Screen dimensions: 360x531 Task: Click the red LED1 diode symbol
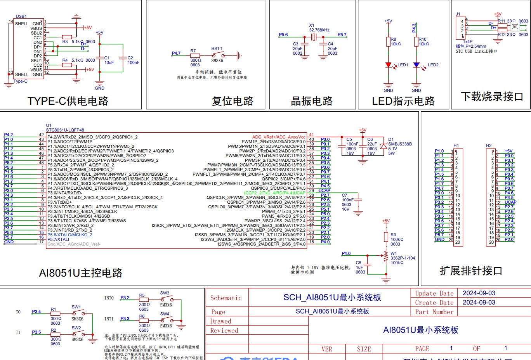coord(388,65)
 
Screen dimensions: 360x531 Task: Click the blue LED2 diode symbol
coord(416,65)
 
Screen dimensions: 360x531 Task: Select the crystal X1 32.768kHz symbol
coord(314,37)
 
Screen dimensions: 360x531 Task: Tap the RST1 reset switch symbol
coord(217,55)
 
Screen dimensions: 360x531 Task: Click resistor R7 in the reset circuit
coord(195,55)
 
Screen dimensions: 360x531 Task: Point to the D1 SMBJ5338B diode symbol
coord(383,146)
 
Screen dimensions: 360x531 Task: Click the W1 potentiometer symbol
coord(386,255)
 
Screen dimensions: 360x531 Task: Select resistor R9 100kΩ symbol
coord(386,237)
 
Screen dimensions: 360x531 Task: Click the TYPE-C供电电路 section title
coord(68,101)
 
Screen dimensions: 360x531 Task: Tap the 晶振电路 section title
coord(312,101)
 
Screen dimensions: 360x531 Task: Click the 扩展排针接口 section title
coord(471,270)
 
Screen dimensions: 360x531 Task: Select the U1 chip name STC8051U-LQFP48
coord(65,130)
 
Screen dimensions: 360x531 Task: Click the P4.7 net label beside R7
coord(176,53)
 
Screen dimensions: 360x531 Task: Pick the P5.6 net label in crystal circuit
coord(283,35)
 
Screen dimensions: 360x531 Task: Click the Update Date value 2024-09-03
coord(479,293)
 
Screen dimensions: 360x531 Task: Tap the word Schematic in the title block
coord(226,298)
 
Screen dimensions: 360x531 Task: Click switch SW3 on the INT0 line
coord(167,299)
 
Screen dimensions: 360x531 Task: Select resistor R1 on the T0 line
coord(56,313)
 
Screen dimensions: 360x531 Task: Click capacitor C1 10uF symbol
coord(100,58)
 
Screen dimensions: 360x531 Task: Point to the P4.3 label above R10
coord(414,28)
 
